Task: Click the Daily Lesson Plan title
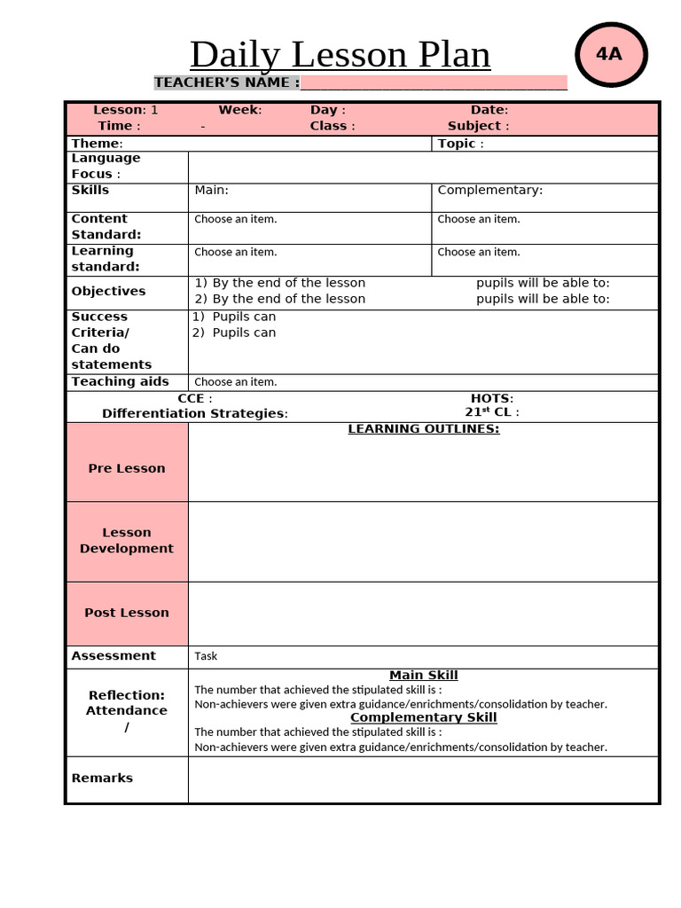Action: tap(340, 55)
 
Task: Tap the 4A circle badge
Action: tap(610, 54)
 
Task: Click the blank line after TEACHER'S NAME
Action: tap(434, 83)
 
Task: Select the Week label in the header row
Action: tap(239, 110)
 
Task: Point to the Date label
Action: tap(489, 110)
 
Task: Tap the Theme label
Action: tap(97, 144)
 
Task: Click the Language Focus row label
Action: tap(106, 166)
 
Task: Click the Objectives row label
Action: tap(108, 291)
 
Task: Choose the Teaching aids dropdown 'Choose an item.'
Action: tap(236, 382)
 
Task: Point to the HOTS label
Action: tap(491, 398)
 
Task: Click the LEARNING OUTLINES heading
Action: tap(423, 429)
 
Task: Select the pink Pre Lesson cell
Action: tap(127, 462)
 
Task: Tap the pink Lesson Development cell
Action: tap(127, 541)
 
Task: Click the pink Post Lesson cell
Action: tap(127, 613)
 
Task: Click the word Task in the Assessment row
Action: tap(206, 656)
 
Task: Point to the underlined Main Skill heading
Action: tap(423, 676)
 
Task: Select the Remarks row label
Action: tap(102, 778)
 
